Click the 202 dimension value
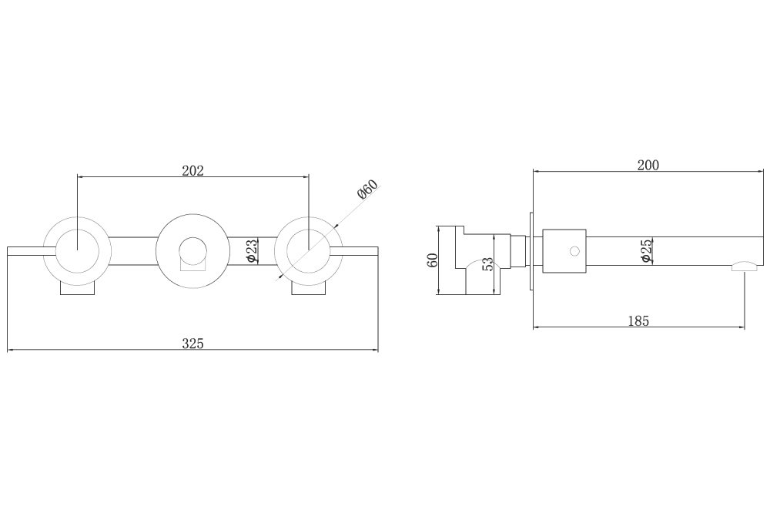(x=192, y=170)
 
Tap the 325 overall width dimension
(x=192, y=344)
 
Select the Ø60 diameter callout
(x=368, y=189)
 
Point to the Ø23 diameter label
(x=251, y=250)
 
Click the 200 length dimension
(x=648, y=165)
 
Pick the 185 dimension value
(x=638, y=321)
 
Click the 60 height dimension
(x=433, y=260)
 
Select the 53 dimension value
(x=487, y=264)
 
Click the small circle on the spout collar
(x=574, y=251)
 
